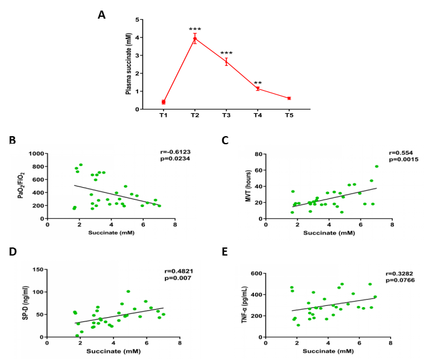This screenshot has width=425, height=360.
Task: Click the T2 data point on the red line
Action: point(195,39)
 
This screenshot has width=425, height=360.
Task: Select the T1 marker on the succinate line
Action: point(164,102)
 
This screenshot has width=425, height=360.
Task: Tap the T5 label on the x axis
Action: point(289,116)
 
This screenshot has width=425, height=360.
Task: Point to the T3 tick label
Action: point(227,116)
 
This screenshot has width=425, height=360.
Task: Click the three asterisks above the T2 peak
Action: point(195,29)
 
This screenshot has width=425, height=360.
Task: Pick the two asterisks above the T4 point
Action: point(258,82)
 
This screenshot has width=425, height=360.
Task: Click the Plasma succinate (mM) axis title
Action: point(129,65)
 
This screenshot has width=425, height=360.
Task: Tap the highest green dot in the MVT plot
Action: point(376,167)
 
